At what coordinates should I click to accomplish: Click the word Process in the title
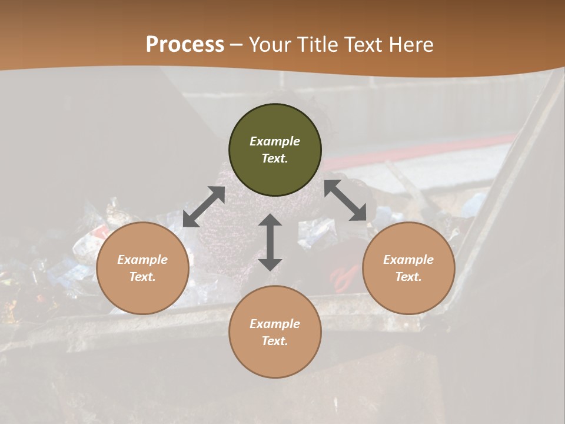(185, 45)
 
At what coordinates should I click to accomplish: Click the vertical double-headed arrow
(270, 242)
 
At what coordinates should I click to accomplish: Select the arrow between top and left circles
(204, 207)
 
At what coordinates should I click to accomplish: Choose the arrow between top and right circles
(350, 200)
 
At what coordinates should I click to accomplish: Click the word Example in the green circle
(275, 141)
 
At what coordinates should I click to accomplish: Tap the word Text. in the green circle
(275, 158)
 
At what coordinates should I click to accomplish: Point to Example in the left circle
(142, 260)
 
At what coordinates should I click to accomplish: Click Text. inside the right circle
(408, 277)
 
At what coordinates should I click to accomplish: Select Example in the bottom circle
(275, 324)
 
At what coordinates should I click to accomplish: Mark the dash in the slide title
(236, 45)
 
